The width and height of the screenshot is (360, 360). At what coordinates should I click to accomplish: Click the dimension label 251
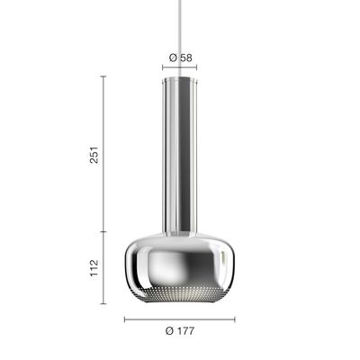coord(94,155)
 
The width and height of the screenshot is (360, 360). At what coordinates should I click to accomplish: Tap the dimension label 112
coord(94,268)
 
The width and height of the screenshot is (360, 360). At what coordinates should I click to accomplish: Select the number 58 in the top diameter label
coord(186,58)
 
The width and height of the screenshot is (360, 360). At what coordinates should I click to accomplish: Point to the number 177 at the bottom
coord(184,331)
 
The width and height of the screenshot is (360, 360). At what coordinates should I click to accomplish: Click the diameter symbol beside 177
coord(170,331)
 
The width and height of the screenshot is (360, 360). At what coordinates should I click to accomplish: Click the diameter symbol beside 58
coord(174,58)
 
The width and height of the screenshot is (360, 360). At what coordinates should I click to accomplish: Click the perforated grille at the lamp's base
coord(180,294)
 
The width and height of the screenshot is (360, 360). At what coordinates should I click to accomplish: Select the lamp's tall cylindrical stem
coord(180,155)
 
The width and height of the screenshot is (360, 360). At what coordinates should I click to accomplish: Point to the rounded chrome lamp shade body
coord(180,267)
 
